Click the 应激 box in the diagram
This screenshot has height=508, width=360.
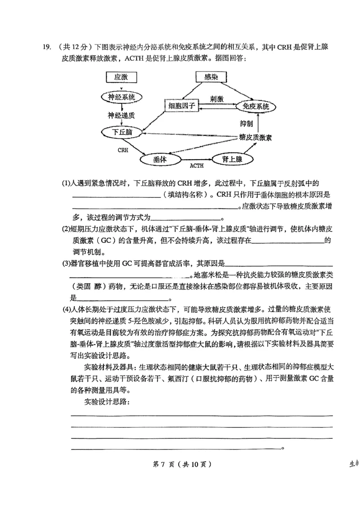[121, 77]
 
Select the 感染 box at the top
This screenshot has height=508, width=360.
[211, 77]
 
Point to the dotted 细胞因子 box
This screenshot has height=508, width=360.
[181, 107]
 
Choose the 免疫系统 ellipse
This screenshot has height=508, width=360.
[256, 107]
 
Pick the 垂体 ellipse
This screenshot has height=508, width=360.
[160, 159]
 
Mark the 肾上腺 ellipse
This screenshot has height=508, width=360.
[233, 159]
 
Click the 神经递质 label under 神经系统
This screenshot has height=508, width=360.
[121, 115]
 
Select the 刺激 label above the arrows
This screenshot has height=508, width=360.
[217, 98]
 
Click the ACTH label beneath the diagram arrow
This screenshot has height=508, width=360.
[197, 166]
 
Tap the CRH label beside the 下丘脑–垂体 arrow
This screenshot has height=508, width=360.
[123, 150]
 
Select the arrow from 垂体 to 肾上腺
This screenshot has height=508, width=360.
[196, 159]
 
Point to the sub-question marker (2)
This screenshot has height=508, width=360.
[66, 229]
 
